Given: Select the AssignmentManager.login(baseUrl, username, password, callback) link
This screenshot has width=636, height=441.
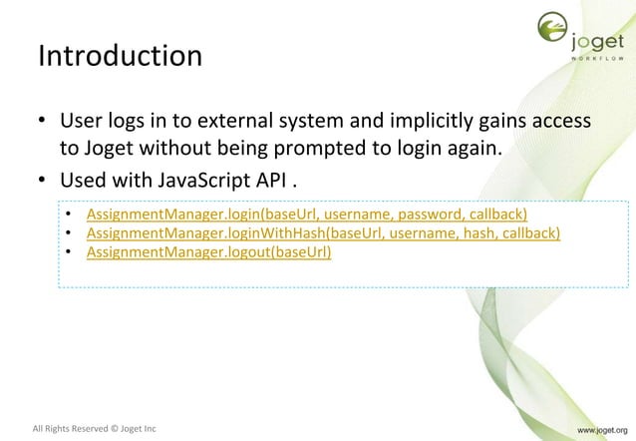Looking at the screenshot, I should click(x=306, y=215).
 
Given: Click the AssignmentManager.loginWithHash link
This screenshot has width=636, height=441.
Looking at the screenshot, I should click(x=323, y=233).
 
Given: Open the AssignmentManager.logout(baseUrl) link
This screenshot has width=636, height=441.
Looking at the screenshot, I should click(x=208, y=251).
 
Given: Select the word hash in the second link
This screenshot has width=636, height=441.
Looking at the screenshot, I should click(x=465, y=233).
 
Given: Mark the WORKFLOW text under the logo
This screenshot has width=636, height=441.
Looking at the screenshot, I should click(x=598, y=58).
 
